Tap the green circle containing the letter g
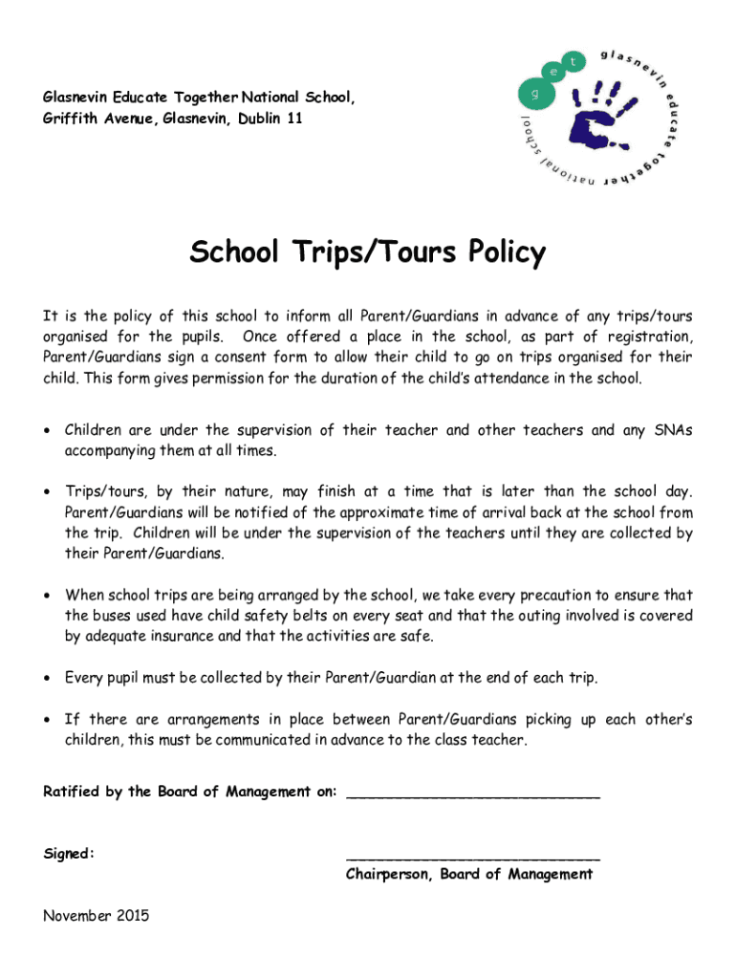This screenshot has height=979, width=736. click(x=534, y=93)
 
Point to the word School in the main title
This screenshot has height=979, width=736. click(x=233, y=253)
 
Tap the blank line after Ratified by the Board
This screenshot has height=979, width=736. click(x=473, y=793)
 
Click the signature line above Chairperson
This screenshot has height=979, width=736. click(x=473, y=857)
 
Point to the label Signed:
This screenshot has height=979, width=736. click(x=69, y=853)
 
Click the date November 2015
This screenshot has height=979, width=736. click(x=96, y=916)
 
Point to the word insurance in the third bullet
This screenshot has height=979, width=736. click(x=199, y=636)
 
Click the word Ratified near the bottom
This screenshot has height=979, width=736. click(x=72, y=792)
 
